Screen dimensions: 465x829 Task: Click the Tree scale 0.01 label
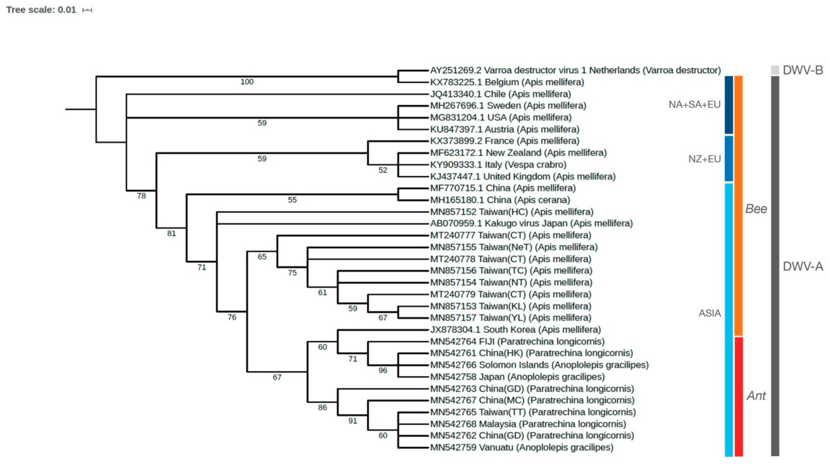(41, 10)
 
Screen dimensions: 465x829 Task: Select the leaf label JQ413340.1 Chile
(500, 94)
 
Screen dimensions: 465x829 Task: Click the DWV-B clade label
(803, 70)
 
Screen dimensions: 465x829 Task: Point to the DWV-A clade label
(803, 266)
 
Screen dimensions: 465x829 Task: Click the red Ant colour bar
(739, 396)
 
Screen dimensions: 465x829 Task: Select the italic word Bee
(756, 209)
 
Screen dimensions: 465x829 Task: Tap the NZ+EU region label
(704, 159)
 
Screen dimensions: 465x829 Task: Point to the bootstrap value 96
(383, 370)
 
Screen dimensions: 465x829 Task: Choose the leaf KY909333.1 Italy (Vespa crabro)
(498, 164)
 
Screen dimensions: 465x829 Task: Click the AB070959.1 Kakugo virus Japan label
(531, 223)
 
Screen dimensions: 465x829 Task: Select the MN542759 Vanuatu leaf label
(522, 447)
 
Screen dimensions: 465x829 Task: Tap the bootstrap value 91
(352, 421)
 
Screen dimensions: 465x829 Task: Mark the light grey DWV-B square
(775, 70)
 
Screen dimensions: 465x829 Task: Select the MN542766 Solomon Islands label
(539, 365)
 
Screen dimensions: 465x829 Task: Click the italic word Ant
(756, 395)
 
